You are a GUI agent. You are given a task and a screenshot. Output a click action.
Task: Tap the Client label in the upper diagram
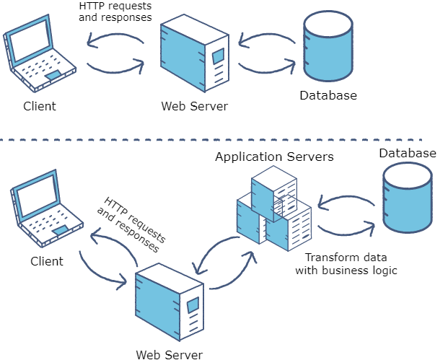click(39, 106)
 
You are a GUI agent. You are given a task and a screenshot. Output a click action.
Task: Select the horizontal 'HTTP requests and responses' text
click(115, 12)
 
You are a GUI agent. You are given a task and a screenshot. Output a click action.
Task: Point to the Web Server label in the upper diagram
click(194, 106)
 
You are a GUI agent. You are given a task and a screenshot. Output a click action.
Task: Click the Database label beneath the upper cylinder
click(328, 95)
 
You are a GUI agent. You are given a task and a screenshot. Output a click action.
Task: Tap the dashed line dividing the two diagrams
click(216, 139)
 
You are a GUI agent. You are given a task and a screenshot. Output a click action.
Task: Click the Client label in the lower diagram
click(46, 260)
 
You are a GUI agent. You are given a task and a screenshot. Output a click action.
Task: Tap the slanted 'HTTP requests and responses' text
click(131, 224)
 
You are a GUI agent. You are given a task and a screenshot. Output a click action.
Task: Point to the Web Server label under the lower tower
click(169, 354)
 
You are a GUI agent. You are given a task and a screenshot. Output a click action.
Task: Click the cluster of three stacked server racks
click(274, 209)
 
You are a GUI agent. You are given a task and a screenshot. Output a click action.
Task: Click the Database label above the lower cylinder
click(408, 153)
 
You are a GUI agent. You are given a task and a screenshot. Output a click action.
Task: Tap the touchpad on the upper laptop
click(53, 74)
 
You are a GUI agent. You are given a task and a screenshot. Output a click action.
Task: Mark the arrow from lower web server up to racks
click(234, 274)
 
